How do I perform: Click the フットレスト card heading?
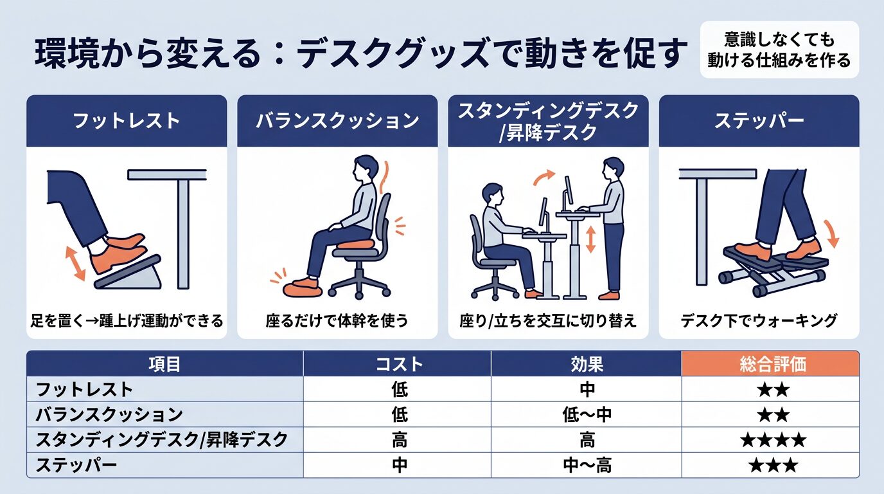pyautogui.click(x=127, y=121)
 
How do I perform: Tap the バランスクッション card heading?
pyautogui.click(x=337, y=121)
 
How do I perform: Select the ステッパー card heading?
pyautogui.click(x=759, y=121)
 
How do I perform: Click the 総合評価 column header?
pyautogui.click(x=770, y=364)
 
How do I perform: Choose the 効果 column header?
pyautogui.click(x=586, y=364)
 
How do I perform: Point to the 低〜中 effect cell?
pyautogui.click(x=586, y=415)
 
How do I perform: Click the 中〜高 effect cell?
pyautogui.click(x=586, y=466)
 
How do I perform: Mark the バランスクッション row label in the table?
pyautogui.click(x=109, y=415)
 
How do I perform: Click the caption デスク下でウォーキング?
pyautogui.click(x=759, y=320)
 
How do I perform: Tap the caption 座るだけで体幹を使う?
pyautogui.click(x=337, y=320)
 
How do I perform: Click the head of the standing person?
pyautogui.click(x=613, y=167)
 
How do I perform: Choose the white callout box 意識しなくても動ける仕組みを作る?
pyautogui.click(x=779, y=50)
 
